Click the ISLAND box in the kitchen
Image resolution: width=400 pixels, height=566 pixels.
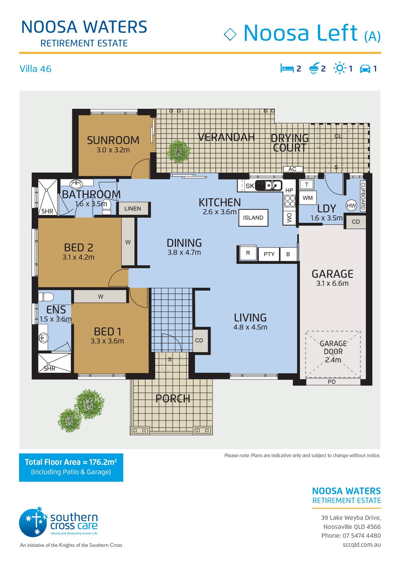(253, 218)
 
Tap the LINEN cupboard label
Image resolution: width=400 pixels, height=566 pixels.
(133, 209)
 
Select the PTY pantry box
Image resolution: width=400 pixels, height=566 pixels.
(269, 254)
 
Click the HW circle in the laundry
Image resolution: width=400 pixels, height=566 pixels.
(351, 205)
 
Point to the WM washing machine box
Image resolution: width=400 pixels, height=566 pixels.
(308, 198)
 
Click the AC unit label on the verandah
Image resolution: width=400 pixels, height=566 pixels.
(292, 169)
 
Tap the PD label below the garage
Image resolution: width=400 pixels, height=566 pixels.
(332, 382)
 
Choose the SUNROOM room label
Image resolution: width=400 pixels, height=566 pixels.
(113, 140)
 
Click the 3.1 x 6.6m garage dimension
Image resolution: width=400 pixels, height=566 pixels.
(332, 283)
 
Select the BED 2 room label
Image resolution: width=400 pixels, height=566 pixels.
(79, 248)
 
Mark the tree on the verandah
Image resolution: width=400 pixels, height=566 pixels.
(178, 152)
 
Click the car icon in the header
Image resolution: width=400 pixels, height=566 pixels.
(365, 69)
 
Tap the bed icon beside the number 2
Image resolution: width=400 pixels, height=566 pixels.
(287, 68)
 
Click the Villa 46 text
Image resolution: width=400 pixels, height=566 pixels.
(35, 69)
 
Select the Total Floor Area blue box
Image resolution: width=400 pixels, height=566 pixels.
(71, 467)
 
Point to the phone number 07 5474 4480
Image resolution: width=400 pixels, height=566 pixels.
(362, 536)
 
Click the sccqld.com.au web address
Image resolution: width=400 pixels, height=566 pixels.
(362, 545)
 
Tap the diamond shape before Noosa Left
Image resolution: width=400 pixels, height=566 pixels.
(230, 34)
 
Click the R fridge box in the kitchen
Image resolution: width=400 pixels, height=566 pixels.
(248, 253)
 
